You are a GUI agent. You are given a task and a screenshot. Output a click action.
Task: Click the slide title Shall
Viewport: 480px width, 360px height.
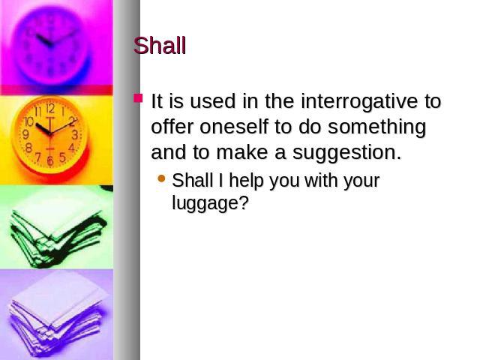point(160,46)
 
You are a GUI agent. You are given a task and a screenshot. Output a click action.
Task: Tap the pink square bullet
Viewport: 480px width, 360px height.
point(138,98)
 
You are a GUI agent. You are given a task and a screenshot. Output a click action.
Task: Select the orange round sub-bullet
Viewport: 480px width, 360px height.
point(161,178)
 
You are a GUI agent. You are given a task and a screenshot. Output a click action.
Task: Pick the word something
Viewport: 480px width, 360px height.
point(376,127)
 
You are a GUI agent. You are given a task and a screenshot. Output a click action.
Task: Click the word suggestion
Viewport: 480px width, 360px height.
point(346,153)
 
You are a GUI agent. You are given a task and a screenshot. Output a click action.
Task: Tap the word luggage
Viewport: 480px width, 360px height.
point(210,203)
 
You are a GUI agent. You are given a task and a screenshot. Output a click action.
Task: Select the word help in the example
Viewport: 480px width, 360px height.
point(246,181)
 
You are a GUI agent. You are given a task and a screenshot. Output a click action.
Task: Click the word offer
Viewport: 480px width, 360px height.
point(172,126)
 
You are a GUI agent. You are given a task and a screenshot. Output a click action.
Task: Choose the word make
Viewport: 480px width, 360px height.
point(242,151)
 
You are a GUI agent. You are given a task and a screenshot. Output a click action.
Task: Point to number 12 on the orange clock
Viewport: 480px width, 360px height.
point(50,108)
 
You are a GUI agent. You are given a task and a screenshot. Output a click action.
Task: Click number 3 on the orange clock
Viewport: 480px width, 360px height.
point(75,135)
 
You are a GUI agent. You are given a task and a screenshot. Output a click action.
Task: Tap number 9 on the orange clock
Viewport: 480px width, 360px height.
point(26,134)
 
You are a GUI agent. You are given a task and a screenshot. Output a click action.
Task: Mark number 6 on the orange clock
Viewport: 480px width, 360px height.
point(50,160)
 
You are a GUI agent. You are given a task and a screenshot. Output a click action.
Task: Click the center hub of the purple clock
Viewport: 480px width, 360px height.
point(51,45)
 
